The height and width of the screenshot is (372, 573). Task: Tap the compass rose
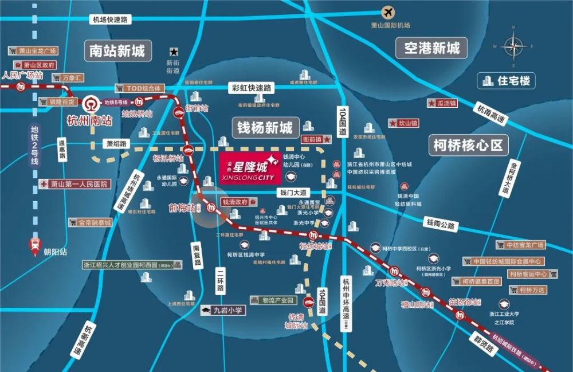point(514,47)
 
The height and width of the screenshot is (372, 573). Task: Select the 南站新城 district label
point(117,51)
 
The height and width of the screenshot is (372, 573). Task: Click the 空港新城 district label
point(432,48)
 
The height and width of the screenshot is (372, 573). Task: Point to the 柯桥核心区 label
point(469,145)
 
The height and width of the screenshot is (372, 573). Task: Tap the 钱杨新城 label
point(265,127)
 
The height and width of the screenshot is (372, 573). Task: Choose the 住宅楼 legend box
point(507,81)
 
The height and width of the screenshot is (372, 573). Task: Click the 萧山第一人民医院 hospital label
point(75,184)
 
